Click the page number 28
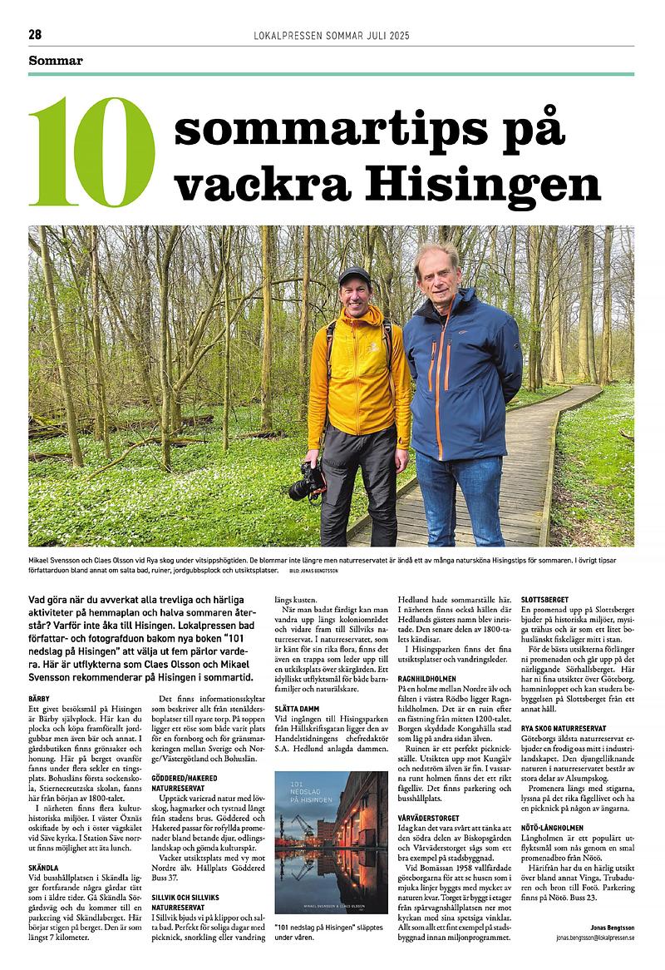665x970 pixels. (35, 34)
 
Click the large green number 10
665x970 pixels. (91, 152)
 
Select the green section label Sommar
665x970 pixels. (56, 60)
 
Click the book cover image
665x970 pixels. (319, 843)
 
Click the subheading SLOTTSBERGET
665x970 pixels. (545, 600)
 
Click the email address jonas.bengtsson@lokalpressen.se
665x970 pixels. (595, 937)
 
